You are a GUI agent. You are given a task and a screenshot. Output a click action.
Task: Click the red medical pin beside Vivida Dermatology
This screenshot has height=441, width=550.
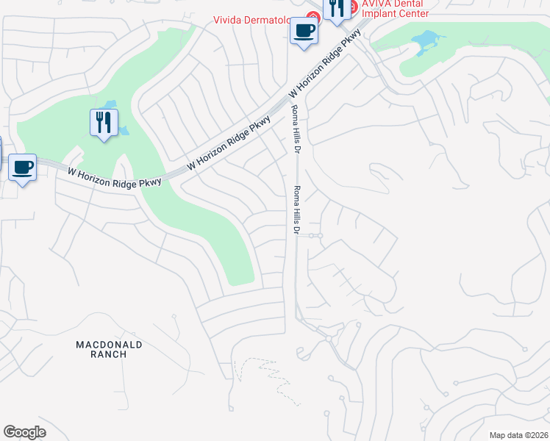tap(312, 15)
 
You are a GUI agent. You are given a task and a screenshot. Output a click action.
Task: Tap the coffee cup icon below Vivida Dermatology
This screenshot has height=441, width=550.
tap(304, 31)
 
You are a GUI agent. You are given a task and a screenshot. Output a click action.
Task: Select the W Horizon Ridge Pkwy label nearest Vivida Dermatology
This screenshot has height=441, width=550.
tap(326, 65)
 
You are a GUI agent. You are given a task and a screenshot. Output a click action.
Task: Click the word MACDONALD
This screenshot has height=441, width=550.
tap(110, 344)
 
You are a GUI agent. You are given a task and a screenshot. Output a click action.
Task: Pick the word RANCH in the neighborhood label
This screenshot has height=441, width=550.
tap(110, 354)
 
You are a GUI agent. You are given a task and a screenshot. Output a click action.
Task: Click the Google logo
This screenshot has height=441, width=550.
tap(24, 432)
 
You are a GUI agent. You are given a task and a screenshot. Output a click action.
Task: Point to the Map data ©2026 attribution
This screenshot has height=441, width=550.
tap(518, 434)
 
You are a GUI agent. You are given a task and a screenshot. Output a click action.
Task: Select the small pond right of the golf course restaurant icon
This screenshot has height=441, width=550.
tap(124, 131)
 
